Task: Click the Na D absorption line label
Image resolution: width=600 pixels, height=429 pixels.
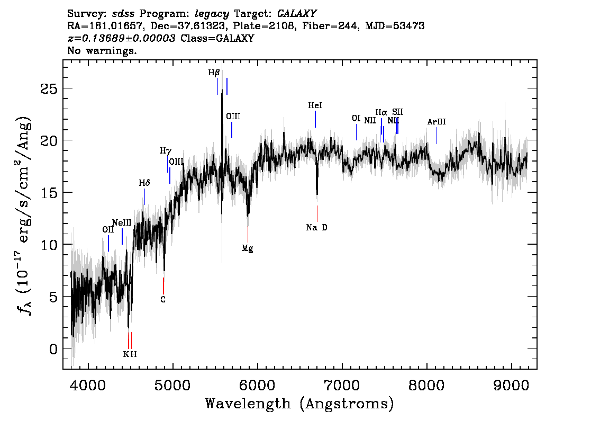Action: coord(316,228)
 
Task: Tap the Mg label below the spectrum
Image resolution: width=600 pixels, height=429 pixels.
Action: coord(247,248)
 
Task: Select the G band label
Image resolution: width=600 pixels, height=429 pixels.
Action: coord(163,300)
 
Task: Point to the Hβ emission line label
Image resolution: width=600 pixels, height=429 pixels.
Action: coord(214,73)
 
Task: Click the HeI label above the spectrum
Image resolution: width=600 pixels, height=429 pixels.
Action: coord(315,105)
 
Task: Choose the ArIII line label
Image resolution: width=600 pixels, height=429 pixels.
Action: coord(436,122)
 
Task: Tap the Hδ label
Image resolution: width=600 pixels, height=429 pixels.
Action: coord(144,183)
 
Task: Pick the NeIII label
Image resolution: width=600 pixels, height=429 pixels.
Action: coord(122,223)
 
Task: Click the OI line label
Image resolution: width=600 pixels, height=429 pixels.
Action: coord(356,118)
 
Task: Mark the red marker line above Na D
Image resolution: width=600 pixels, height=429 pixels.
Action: coord(317,213)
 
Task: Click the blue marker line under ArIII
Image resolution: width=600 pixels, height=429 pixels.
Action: coord(437,136)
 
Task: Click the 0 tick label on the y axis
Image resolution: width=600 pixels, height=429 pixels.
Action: coord(53,348)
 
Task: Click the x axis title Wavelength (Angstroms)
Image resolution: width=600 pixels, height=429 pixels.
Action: coord(299,404)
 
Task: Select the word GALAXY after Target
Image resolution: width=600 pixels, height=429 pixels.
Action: coord(296,14)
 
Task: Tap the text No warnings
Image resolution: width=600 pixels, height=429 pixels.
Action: coord(102,50)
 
